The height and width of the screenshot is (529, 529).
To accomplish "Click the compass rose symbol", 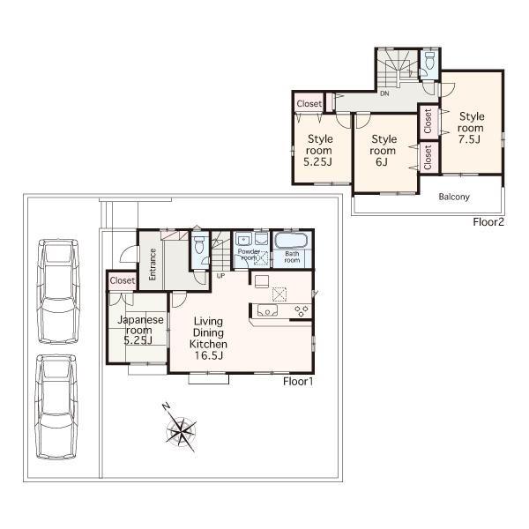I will tap(181, 430).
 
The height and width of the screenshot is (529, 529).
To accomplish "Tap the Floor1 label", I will tap(298, 382).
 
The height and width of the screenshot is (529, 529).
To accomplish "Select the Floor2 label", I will tap(488, 222).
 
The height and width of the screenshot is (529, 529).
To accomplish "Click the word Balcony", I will tap(454, 197).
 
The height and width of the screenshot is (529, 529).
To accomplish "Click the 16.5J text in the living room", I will tap(210, 356).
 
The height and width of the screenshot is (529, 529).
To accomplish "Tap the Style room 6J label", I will tap(384, 151).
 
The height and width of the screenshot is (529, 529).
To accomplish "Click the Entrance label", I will tap(153, 264).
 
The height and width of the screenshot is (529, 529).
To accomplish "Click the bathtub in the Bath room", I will tap(289, 242).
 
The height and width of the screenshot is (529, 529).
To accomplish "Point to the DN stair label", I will tap(384, 93).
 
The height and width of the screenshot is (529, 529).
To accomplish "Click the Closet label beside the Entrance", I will tap(122, 280).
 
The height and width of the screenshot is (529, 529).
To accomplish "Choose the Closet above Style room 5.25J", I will tap(309, 103).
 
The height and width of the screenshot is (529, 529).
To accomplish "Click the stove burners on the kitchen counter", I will tap(301, 309).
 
